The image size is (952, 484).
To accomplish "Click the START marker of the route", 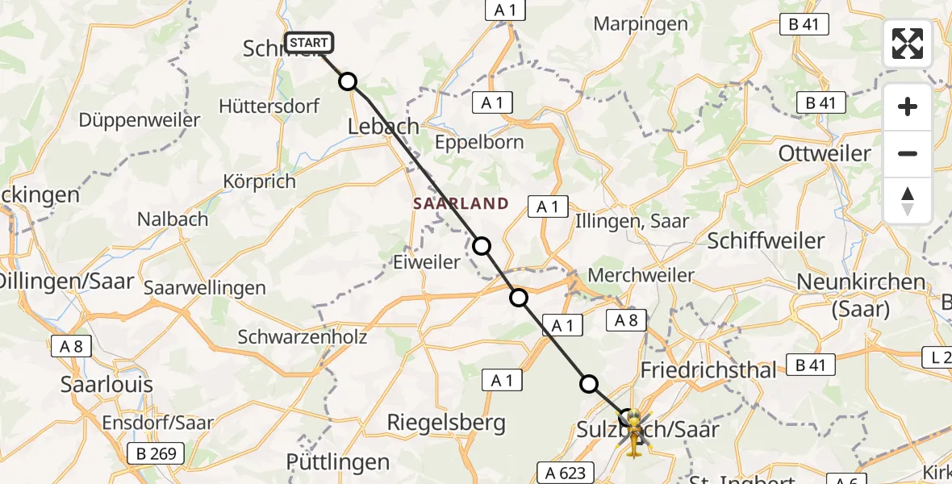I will (x=308, y=43).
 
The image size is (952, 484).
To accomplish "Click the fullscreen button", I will (x=908, y=44).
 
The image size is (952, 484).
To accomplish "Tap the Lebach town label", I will (x=383, y=126).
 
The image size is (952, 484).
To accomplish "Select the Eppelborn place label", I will (x=479, y=143).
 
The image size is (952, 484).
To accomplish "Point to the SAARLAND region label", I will (x=461, y=203).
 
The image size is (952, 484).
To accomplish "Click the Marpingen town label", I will (x=641, y=23).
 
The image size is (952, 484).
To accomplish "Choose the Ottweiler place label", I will (x=825, y=153).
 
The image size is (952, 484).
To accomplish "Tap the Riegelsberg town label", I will (x=446, y=422).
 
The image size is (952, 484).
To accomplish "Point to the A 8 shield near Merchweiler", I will (x=626, y=321).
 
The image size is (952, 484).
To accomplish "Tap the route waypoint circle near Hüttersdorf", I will (x=348, y=81).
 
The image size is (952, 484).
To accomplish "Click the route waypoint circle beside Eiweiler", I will (x=482, y=246).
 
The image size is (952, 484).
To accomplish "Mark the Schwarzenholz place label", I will (x=303, y=336).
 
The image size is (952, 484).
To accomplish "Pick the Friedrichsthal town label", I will (x=708, y=370).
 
